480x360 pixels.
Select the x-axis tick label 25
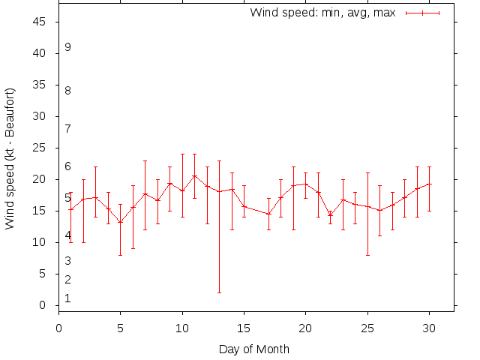[x=367, y=327]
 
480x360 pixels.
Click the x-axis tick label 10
[x=182, y=327]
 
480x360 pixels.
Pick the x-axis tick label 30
[x=428, y=327]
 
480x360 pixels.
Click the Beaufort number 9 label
[x=67, y=47]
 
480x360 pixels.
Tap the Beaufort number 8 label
[x=67, y=91]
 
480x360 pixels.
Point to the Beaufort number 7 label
[x=67, y=128]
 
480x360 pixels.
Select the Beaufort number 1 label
[x=67, y=298]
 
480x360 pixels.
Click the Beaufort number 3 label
[x=67, y=261]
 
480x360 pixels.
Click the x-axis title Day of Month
[x=253, y=349]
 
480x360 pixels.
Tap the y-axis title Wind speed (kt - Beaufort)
[x=10, y=159]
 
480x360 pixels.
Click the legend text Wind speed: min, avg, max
[x=322, y=13]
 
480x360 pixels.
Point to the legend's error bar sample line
[x=422, y=13]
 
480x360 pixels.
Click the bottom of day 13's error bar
[x=219, y=292]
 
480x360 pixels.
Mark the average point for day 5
[x=121, y=222]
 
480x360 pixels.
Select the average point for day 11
[x=194, y=175]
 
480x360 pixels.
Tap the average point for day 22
[x=330, y=214]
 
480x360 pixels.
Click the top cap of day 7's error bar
[x=145, y=160]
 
